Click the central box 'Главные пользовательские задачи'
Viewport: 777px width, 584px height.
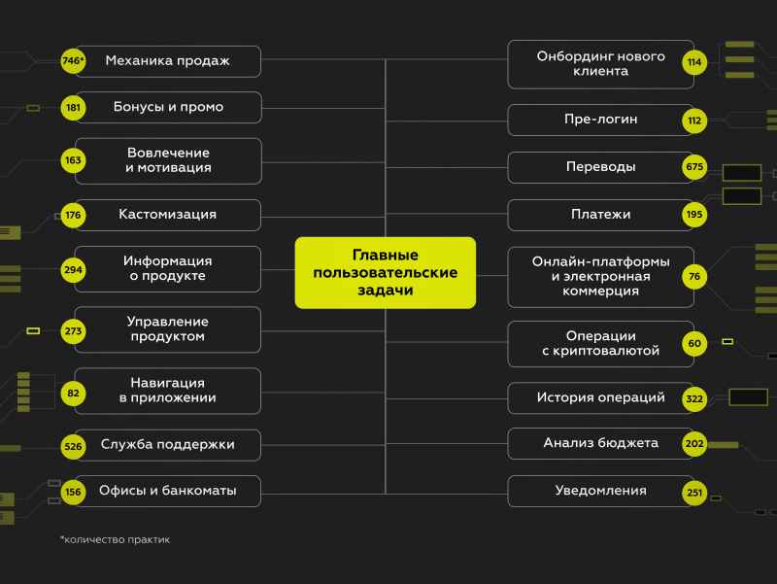[386, 273]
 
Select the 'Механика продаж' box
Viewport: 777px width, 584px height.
[168, 61]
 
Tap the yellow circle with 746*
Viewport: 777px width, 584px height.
[73, 61]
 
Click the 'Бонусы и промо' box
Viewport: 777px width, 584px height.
[168, 107]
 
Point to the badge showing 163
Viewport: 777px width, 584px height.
[73, 160]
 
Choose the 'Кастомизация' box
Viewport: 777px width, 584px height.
[168, 215]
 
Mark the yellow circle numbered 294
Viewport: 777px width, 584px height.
[73, 269]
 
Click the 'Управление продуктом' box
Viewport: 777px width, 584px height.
[168, 329]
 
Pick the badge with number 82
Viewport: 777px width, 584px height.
[73, 393]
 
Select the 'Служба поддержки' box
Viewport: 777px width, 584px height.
[168, 446]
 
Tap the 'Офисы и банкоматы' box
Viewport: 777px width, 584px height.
[168, 491]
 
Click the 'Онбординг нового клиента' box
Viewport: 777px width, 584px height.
[600, 63]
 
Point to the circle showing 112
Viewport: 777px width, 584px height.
[693, 120]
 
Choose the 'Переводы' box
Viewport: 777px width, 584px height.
[600, 167]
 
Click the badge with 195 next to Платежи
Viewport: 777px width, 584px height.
[693, 215]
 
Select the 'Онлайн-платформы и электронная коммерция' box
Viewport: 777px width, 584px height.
[600, 277]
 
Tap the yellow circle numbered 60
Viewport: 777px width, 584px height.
[693, 343]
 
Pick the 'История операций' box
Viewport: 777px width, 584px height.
[600, 397]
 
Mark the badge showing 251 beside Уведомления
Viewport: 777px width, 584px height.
[693, 492]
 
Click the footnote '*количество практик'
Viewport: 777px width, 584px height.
[115, 539]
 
